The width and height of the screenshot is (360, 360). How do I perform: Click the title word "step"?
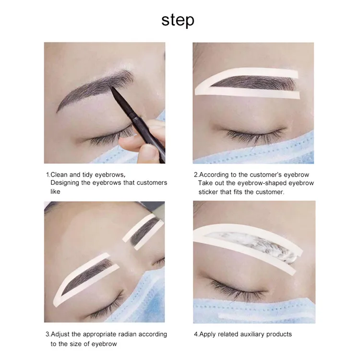pos(178,21)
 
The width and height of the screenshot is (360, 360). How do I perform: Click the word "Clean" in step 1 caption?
pos(59,175)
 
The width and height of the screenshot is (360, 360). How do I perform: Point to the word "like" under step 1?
pos(55,192)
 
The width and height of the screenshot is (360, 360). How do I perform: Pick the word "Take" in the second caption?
pos(205,183)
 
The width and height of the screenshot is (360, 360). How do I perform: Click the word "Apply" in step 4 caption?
pos(207,335)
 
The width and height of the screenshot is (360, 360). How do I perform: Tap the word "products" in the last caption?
pos(279,335)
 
